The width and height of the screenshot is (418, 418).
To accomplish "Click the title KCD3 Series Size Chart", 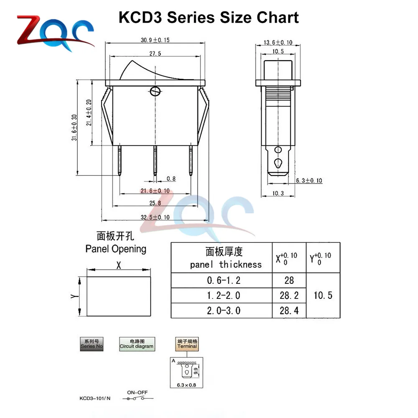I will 209,18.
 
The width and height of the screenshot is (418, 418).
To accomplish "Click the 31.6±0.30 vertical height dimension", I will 74,127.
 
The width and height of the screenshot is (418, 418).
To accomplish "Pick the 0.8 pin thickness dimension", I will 171,179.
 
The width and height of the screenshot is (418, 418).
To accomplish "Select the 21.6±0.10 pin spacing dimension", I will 155,191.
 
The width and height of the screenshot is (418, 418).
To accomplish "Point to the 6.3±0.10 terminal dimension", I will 309,181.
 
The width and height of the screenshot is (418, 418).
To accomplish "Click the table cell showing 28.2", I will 289,296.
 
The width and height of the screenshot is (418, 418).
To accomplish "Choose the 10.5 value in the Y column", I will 323,295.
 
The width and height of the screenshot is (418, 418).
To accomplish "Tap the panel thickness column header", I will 225,258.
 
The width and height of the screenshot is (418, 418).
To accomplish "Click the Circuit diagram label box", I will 137,344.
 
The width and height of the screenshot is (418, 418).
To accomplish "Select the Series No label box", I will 92,344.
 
